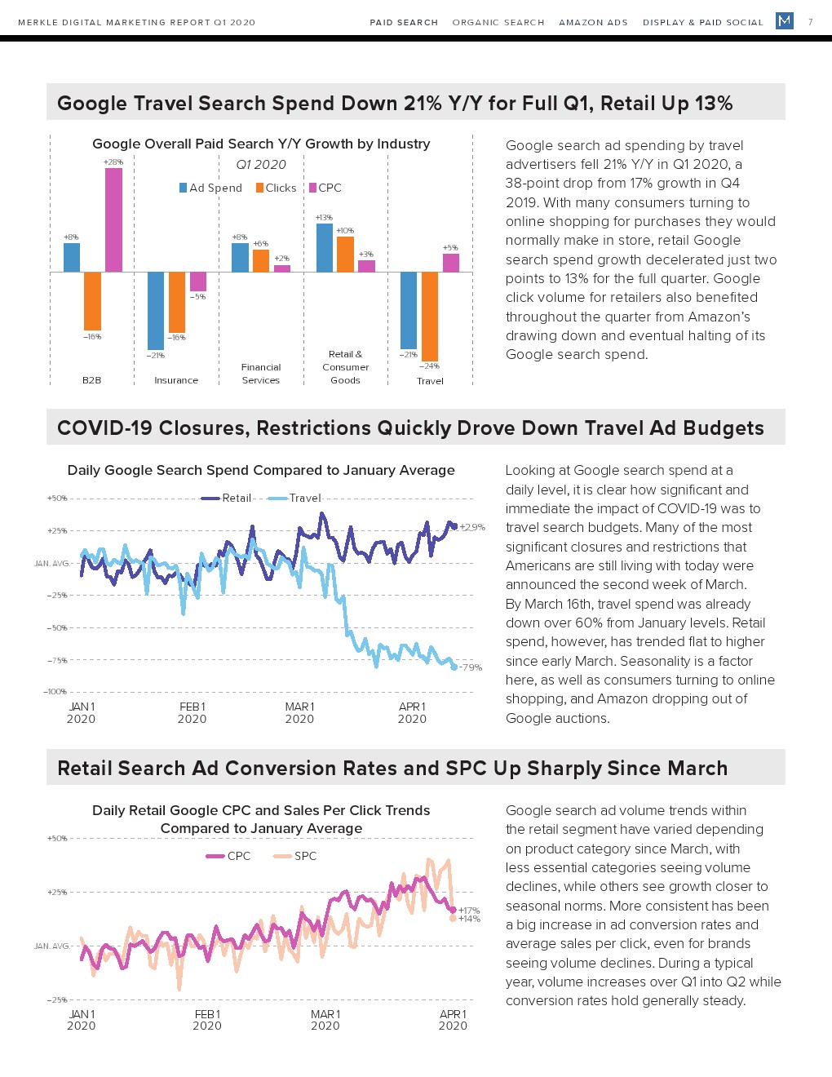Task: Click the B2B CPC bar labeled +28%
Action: (x=113, y=219)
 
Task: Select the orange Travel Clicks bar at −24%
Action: (x=430, y=316)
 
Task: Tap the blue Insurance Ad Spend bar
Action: (x=156, y=310)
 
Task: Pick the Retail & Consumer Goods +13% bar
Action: (x=324, y=247)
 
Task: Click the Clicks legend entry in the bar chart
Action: (x=276, y=188)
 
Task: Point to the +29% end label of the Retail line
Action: (x=472, y=527)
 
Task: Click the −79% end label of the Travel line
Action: (x=471, y=667)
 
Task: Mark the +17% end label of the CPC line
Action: (x=469, y=911)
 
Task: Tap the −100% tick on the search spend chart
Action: (x=55, y=692)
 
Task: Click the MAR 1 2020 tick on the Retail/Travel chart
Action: (x=299, y=712)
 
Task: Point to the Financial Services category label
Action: (x=261, y=374)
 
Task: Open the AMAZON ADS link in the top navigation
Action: (x=593, y=22)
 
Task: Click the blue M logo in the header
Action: (x=785, y=20)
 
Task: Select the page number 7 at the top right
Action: (x=810, y=22)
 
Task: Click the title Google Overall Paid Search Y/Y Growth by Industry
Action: (x=261, y=144)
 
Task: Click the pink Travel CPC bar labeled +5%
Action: (x=451, y=263)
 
